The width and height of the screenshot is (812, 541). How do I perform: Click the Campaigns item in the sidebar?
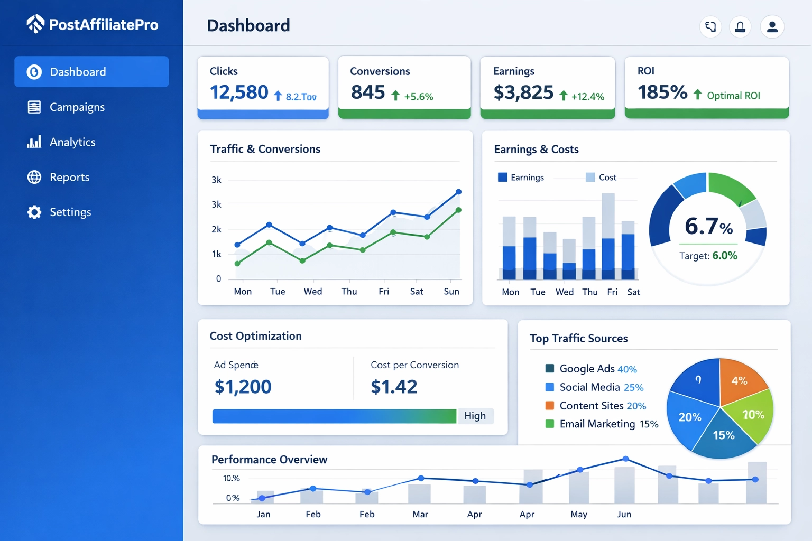[x=77, y=107]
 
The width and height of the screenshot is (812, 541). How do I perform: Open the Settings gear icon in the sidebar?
[x=34, y=212]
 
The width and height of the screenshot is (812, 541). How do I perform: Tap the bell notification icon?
[x=740, y=26]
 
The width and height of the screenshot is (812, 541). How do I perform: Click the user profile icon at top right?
[x=772, y=26]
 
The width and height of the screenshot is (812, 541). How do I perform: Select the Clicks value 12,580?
[x=239, y=92]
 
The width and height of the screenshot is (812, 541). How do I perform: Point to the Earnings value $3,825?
[x=523, y=93]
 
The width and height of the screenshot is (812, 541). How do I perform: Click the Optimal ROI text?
[x=733, y=96]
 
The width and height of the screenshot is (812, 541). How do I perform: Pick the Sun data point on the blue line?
[x=458, y=192]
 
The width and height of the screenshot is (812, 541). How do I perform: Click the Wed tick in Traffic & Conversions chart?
[x=312, y=291]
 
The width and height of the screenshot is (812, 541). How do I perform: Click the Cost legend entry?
[x=602, y=178]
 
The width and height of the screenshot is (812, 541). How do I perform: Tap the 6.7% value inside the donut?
[x=708, y=226]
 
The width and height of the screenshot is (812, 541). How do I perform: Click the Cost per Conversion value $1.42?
[x=394, y=387]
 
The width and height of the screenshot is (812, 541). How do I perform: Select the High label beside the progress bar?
[x=475, y=416]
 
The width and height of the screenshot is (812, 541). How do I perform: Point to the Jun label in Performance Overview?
[x=624, y=514]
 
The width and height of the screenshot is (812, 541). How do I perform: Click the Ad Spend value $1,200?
[x=243, y=387]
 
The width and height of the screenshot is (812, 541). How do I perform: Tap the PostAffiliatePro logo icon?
[x=35, y=24]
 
